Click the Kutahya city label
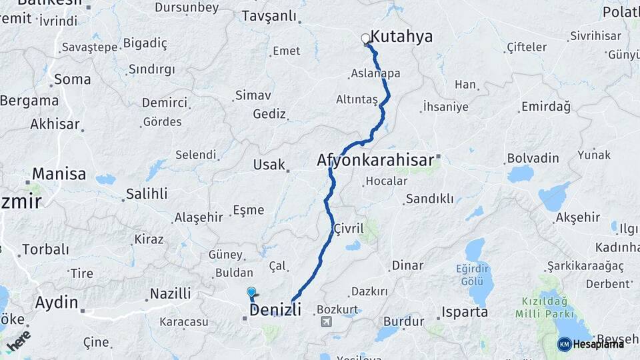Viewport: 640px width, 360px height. [x=401, y=37]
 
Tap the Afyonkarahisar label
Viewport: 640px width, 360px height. [x=375, y=161]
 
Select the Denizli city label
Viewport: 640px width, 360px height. [x=275, y=310]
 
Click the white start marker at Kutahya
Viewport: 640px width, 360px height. [x=365, y=39]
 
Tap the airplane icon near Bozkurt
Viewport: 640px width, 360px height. [x=326, y=322]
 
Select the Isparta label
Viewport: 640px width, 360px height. [x=464, y=312]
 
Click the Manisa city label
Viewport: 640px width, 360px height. [x=59, y=174]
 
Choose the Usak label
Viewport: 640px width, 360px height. [x=269, y=165]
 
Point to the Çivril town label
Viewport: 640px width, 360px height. [x=349, y=229]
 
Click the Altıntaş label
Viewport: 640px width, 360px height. [x=357, y=99]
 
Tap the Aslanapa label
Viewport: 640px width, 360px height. [x=376, y=73]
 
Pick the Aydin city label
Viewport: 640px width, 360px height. [x=57, y=302]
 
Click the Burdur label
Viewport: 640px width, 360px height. [x=403, y=321]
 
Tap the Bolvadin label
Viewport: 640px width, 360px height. [x=533, y=158]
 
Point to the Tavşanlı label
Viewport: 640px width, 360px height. [x=269, y=16]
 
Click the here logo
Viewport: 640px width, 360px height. [x=19, y=339]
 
